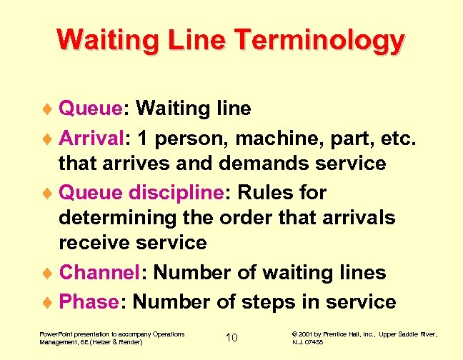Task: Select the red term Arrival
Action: tap(89, 136)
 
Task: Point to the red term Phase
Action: tap(89, 301)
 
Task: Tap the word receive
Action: tap(98, 243)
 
